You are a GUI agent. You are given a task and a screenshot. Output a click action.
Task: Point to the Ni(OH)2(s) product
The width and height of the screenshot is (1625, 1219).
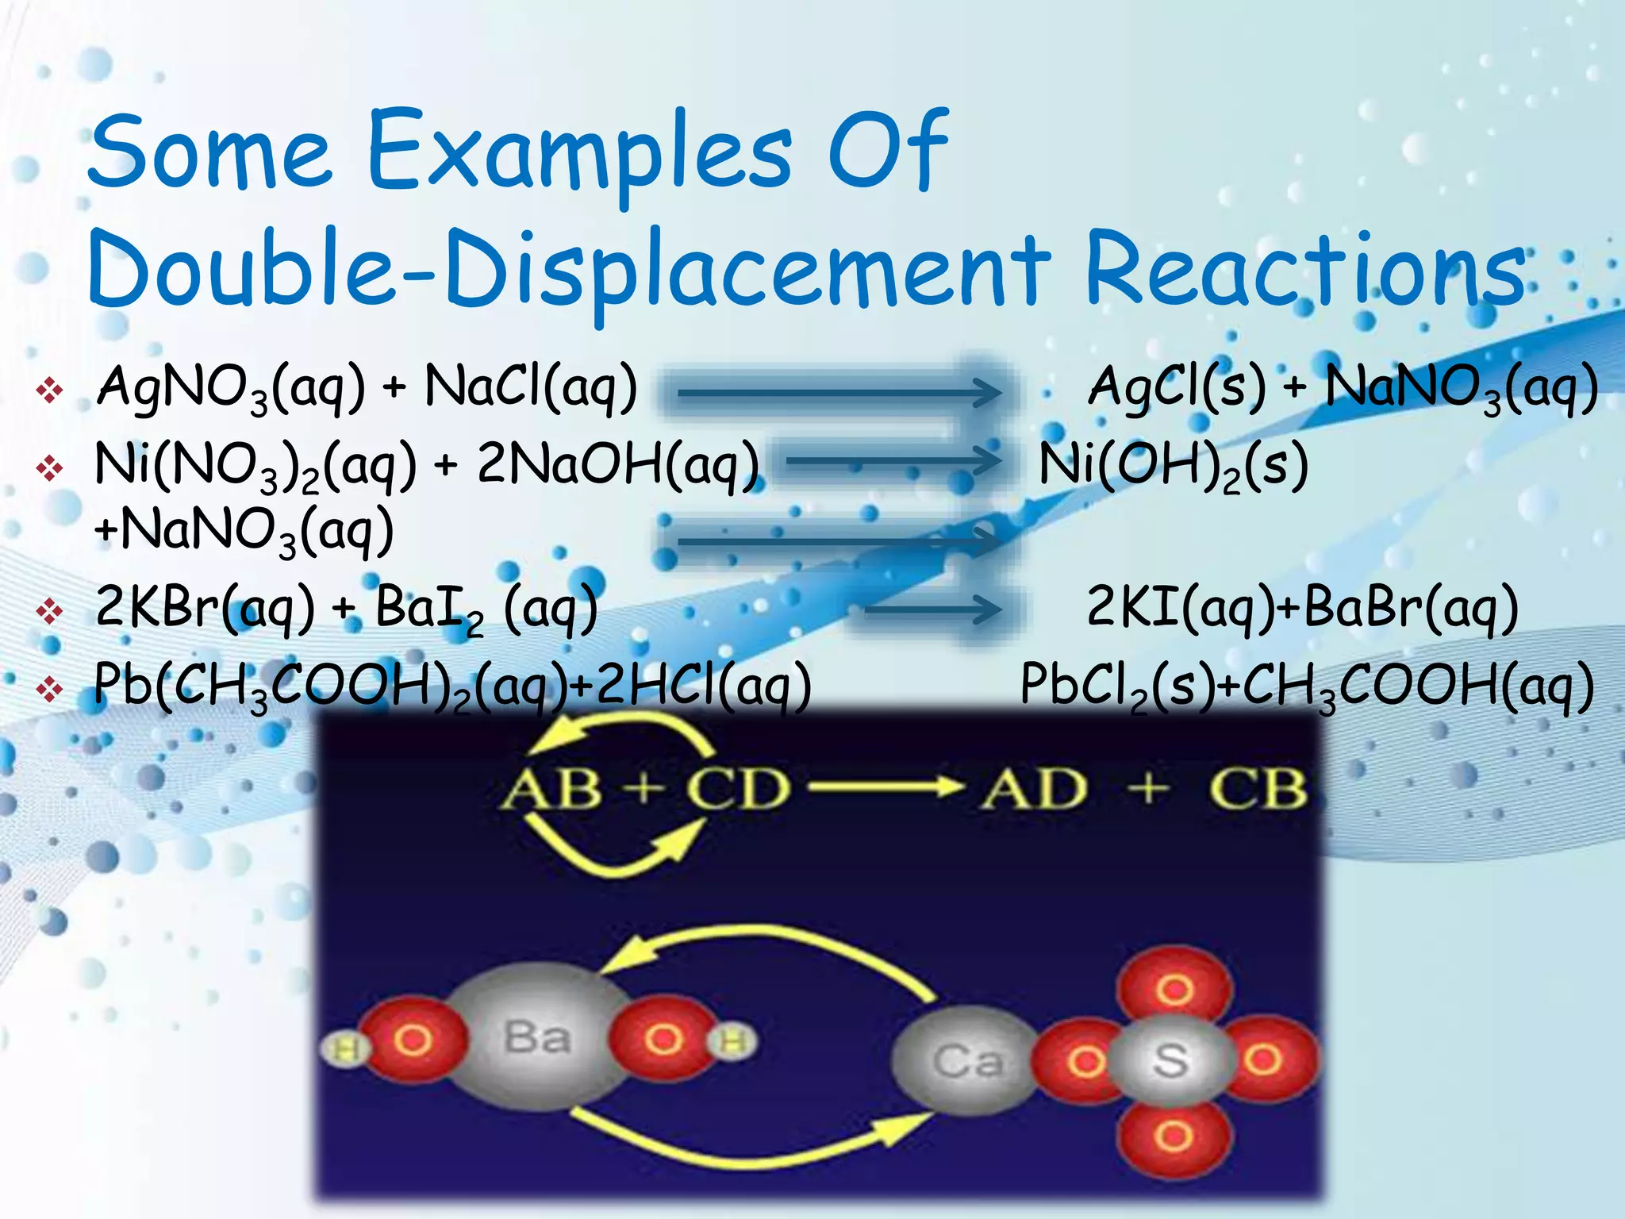tap(1173, 465)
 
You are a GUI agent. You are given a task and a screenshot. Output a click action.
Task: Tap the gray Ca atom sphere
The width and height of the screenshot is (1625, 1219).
tap(966, 1060)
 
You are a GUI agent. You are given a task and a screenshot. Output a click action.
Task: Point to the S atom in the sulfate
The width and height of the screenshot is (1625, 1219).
tap(1171, 1060)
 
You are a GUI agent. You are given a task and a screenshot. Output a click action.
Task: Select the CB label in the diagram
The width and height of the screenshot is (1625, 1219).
tap(1258, 790)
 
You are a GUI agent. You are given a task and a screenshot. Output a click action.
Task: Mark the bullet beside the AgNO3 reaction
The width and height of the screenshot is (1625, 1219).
tap(50, 390)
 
